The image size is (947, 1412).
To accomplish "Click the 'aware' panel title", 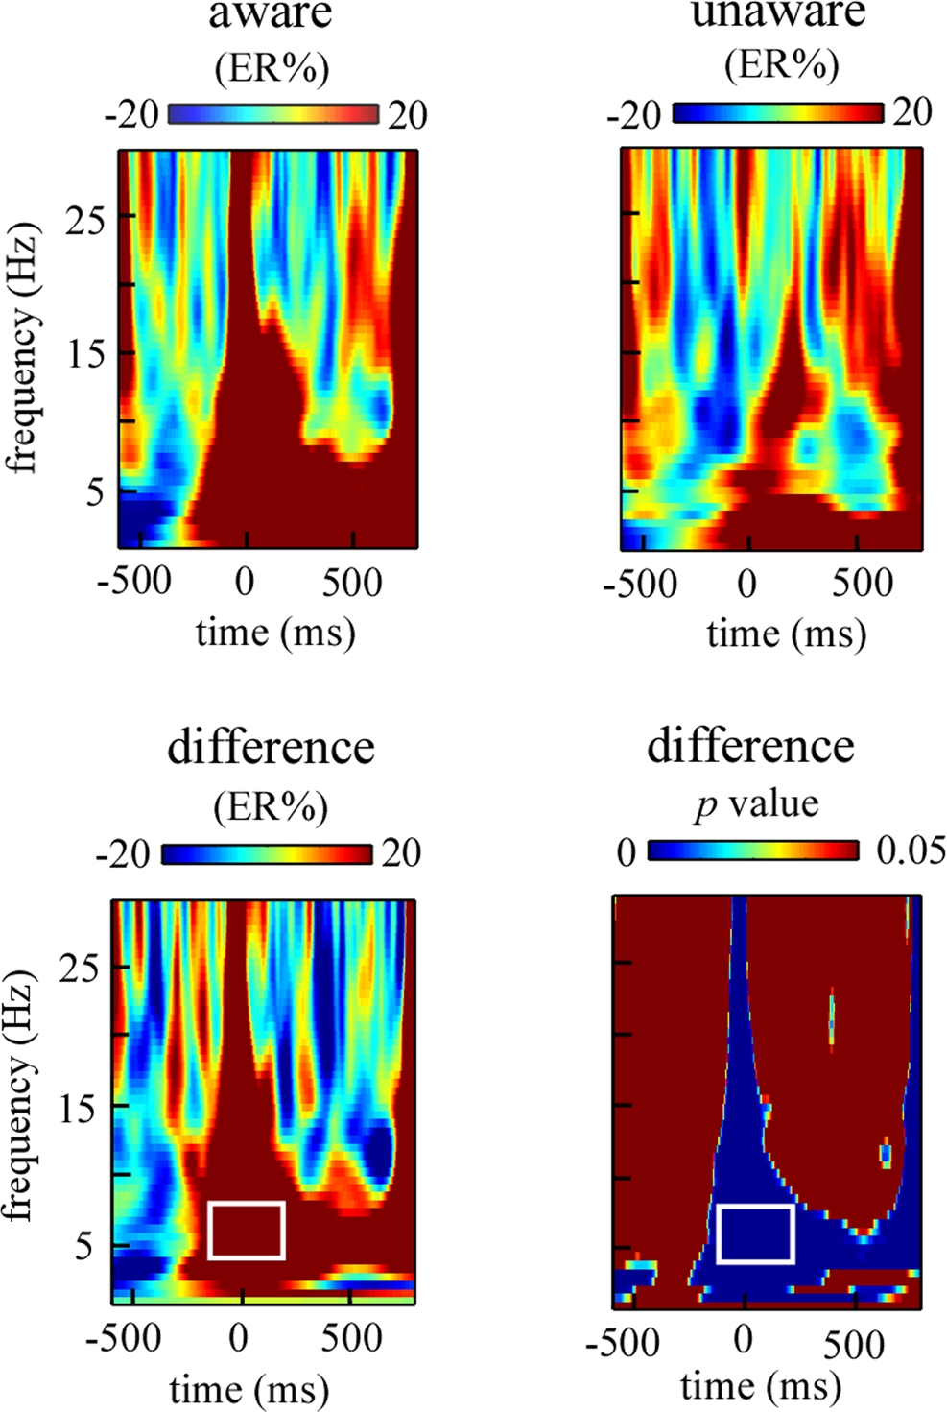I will click(272, 13).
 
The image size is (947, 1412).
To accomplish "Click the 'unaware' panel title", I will click(778, 13).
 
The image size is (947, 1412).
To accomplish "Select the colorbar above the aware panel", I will click(273, 114).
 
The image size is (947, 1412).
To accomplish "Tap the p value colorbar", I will click(753, 850).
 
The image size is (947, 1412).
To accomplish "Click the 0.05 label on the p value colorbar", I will click(911, 850).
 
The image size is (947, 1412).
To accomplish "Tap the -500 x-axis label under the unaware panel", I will click(640, 584).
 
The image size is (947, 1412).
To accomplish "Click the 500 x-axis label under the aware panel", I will click(352, 583).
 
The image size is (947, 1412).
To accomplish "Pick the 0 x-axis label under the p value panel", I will click(743, 1338).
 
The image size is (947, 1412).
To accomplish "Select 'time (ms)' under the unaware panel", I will click(786, 634).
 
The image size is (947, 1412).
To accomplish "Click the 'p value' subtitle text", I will click(756, 802).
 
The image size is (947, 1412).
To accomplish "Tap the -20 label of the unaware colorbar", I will click(633, 116).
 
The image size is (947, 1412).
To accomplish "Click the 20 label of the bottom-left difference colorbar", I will click(401, 852).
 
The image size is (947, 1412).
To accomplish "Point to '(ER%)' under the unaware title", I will click(781, 64).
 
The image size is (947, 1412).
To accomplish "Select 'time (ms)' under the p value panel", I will click(760, 1386).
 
